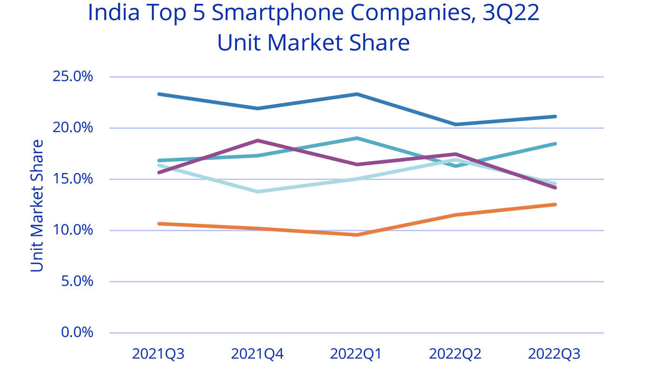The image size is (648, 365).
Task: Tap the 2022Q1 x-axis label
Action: click(356, 354)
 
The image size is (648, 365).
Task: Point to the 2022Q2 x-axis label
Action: click(455, 354)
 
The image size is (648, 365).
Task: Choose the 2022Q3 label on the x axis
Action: click(555, 354)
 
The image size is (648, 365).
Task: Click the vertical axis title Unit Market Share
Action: click(37, 205)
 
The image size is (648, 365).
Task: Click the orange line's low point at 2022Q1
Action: click(356, 235)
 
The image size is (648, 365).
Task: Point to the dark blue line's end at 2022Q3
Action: click(555, 116)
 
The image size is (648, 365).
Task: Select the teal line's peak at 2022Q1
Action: click(356, 138)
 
